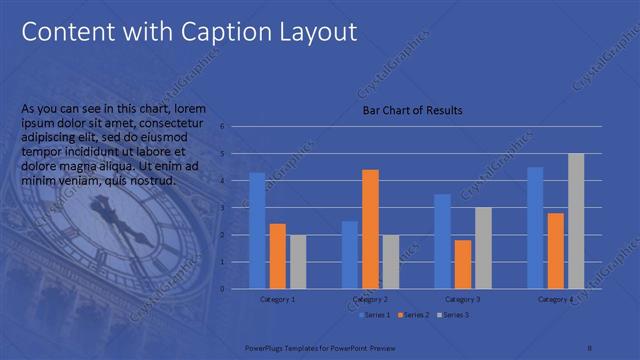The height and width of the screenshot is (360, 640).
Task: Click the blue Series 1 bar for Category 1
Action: [257, 230]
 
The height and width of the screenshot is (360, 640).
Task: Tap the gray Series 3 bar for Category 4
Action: [576, 221]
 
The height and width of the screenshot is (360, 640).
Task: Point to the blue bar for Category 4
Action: [535, 227]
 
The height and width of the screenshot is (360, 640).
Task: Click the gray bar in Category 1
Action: [298, 261]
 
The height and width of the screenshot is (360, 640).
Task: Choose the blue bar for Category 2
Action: [349, 254]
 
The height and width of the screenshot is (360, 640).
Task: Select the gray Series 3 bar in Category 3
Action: [483, 247]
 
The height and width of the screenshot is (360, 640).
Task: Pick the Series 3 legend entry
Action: [453, 314]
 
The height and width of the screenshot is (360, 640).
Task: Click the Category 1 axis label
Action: [277, 299]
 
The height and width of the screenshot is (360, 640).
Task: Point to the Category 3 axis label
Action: [463, 299]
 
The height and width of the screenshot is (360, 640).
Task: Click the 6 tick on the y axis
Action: [235, 126]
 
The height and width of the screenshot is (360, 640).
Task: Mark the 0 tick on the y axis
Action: [235, 289]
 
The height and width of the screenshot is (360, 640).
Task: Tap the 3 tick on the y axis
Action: [235, 208]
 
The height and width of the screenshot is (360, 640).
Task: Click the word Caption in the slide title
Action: [211, 32]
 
